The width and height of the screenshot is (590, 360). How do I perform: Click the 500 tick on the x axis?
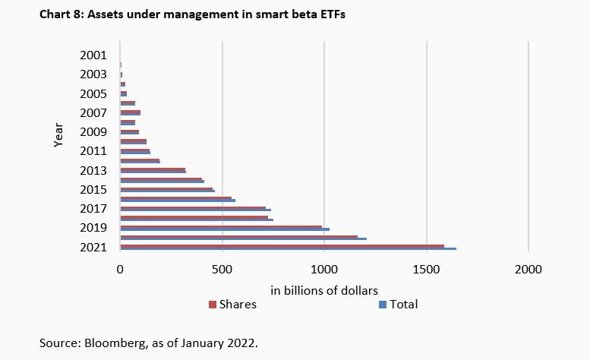tap(222, 269)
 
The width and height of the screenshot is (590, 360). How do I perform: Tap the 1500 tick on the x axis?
tap(427, 269)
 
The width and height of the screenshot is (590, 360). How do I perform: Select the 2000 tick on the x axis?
tap(528, 269)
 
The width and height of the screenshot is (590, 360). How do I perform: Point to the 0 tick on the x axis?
tap(120, 269)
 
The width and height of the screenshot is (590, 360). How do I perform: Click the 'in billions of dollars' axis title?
tap(324, 290)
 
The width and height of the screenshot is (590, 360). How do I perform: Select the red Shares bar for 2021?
tap(281, 245)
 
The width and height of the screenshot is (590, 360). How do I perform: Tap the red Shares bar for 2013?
tap(152, 169)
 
